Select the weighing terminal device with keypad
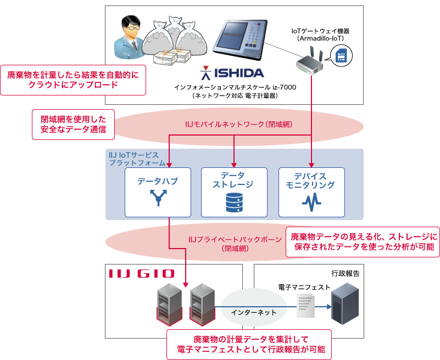[240, 41]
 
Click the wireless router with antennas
[311, 63]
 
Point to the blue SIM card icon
[342, 56]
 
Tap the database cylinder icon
[234, 203]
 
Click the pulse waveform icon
[311, 204]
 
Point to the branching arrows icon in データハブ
[158, 198]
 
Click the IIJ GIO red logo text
[142, 273]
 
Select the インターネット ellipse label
[254, 312]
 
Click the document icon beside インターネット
[305, 305]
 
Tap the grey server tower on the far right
[345, 303]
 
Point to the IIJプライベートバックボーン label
[235, 243]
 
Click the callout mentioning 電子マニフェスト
[250, 344]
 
